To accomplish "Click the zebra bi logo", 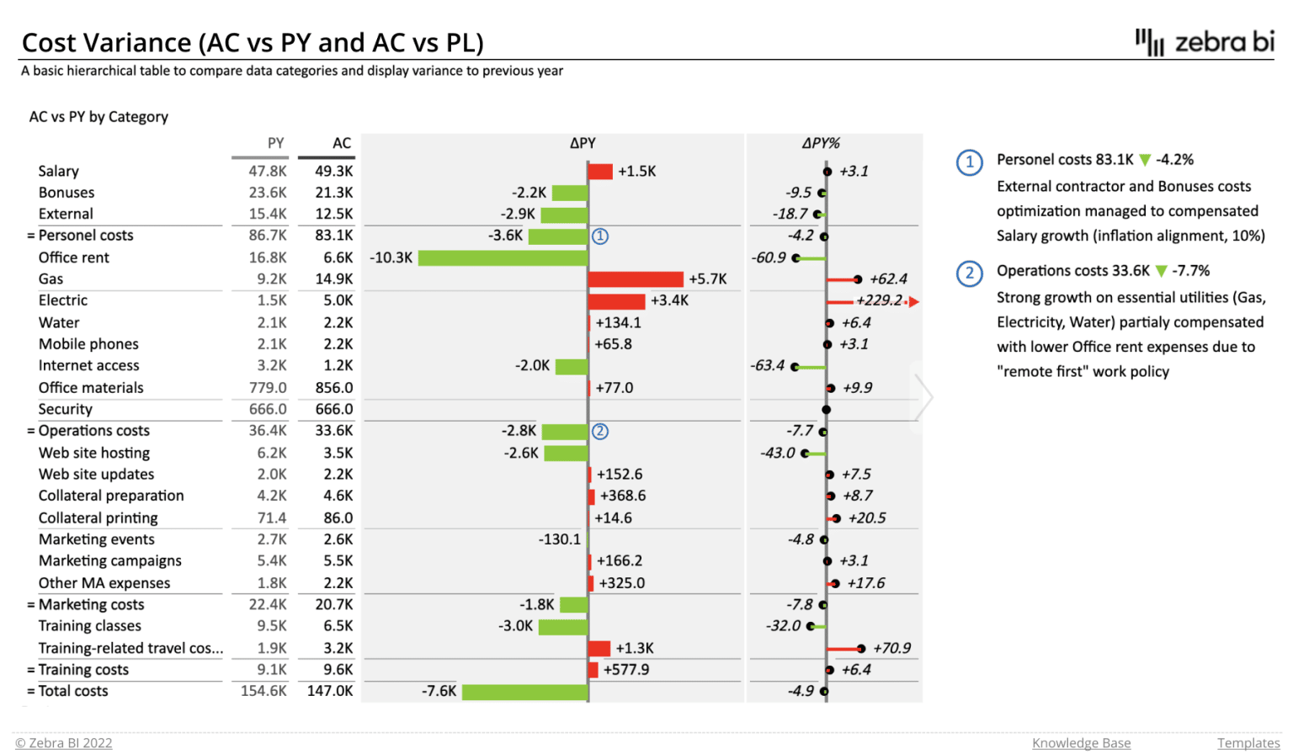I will (1205, 42).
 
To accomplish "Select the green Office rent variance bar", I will (503, 258).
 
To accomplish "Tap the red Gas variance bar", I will (636, 279).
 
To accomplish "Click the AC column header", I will (341, 143).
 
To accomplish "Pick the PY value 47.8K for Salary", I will (268, 171).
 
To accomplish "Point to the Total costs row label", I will (73, 691).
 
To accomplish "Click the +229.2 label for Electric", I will (879, 300).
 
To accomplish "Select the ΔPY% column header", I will (821, 143).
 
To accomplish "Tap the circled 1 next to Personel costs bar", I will (600, 236).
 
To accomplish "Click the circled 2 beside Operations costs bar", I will (600, 432).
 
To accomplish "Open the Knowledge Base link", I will (1081, 742).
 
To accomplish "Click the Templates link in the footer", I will (1248, 742).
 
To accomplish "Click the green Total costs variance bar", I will (524, 692).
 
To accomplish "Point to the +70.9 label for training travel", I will (891, 648).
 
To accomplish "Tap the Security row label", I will (65, 409).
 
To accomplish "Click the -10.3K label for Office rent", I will (391, 258).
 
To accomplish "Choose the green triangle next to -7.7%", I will (1162, 271).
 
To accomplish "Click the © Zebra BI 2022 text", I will (64, 742).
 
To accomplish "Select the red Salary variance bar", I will (600, 172).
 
